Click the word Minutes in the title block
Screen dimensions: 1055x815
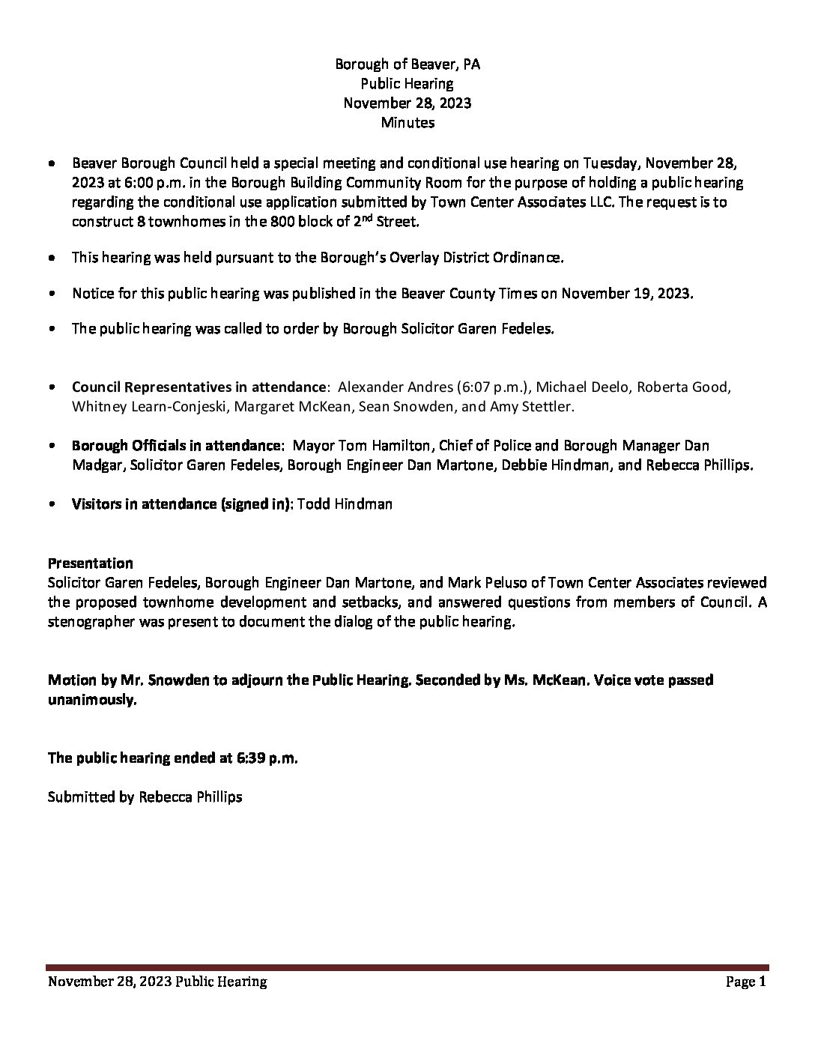[407, 122]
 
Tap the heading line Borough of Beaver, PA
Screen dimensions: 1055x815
[407, 64]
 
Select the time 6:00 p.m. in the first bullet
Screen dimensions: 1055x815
[141, 183]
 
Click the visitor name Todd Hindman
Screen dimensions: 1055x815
[345, 504]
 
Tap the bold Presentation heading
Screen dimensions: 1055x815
[91, 563]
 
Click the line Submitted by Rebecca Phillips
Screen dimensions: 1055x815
[145, 797]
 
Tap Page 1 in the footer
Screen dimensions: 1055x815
[746, 982]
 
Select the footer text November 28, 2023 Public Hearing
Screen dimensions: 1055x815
[157, 982]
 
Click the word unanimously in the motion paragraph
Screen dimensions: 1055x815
[92, 700]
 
